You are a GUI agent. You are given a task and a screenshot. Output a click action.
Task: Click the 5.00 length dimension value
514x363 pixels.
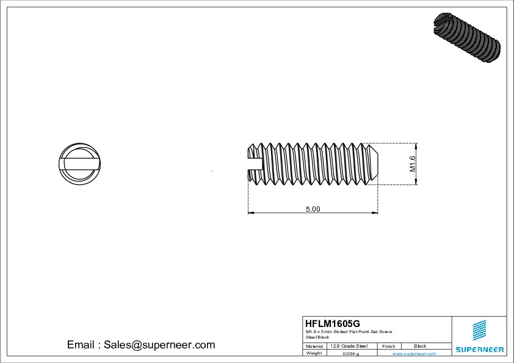(313, 209)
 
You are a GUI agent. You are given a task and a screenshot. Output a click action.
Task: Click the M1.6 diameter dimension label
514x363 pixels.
(412, 164)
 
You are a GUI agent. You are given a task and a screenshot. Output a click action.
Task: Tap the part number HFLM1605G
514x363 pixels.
(333, 323)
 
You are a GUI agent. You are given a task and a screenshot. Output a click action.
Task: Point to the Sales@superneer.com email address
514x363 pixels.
(141, 345)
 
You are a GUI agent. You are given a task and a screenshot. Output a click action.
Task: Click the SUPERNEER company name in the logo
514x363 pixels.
(479, 350)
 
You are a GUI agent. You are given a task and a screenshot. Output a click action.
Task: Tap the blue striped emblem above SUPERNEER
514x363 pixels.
(479, 330)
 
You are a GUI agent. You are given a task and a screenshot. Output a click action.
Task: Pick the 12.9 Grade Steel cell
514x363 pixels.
(349, 346)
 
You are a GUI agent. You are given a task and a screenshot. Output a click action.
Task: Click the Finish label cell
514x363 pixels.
(389, 346)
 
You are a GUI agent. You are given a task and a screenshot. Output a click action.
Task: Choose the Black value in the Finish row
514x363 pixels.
(420, 346)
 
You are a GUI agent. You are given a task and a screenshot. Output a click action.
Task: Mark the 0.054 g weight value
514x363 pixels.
(350, 353)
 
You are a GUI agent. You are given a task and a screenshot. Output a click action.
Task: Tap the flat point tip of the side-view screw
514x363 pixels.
(377, 163)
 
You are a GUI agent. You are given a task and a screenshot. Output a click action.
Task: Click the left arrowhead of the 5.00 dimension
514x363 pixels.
(250, 213)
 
